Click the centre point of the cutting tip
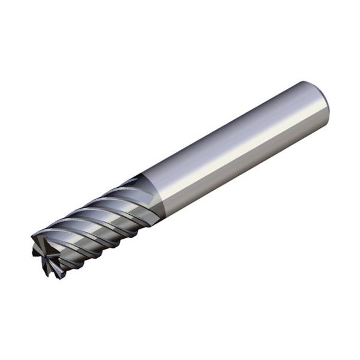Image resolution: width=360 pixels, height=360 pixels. pos(47,255)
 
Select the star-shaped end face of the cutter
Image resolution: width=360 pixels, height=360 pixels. pos(47,255)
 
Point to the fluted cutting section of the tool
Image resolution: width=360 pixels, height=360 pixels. pos(96,222)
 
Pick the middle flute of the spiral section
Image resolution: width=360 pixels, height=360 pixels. pos(96,219)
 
